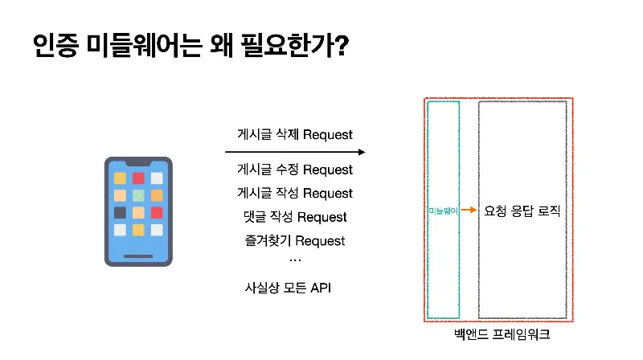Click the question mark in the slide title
339,45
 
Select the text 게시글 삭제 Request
295,134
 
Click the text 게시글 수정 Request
295,170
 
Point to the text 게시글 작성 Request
295,193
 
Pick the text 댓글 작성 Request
295,217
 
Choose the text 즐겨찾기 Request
295,240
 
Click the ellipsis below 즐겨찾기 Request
294,260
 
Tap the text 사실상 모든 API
288,287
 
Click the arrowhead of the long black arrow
362,152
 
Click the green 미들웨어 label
443,211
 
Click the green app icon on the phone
138,195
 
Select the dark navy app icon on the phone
120,213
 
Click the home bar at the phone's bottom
138,256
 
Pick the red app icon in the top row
138,178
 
